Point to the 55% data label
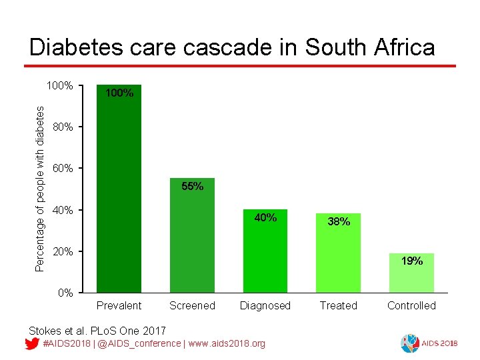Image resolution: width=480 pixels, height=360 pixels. pos(192,187)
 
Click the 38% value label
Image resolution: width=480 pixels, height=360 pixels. pos(339,222)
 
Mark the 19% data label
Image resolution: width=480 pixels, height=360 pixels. pos(411,261)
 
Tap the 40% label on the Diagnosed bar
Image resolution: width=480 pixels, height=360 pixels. pos(265,217)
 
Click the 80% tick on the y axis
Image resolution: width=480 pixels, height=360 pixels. pos(63,127)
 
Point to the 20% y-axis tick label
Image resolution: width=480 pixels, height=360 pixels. pos(63,251)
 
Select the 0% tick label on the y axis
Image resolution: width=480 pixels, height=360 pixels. pos(65,293)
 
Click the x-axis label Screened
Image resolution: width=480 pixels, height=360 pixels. pos(192,306)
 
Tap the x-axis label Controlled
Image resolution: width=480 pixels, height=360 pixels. pos(411,306)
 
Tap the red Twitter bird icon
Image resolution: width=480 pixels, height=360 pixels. pos(31,344)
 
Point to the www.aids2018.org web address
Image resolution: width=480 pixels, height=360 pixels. pos(227,343)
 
